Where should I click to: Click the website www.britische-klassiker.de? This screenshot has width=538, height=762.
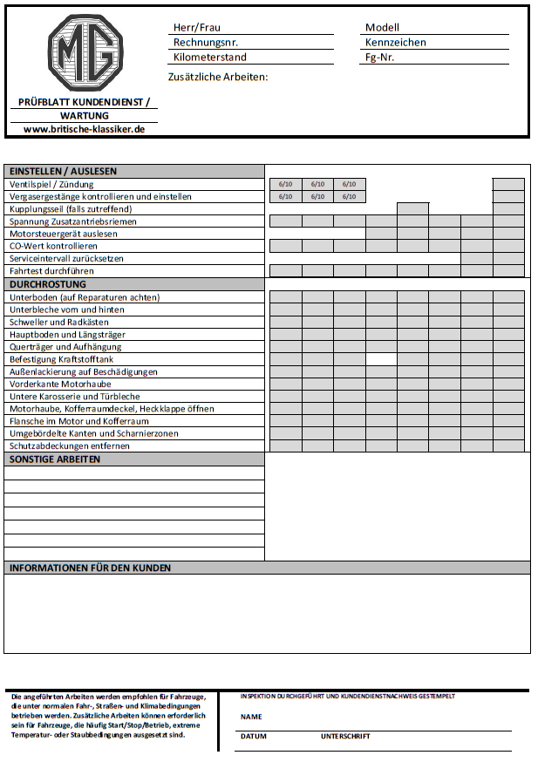click(x=84, y=128)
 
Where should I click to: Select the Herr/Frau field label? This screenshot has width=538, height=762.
click(x=196, y=28)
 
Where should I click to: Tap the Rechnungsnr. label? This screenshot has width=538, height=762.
click(x=206, y=42)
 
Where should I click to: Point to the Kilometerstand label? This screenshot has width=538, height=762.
click(x=209, y=58)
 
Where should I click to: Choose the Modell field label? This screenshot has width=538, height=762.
click(x=382, y=28)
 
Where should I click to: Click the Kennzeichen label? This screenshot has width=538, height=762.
click(x=395, y=42)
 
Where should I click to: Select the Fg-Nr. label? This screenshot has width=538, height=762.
click(x=380, y=58)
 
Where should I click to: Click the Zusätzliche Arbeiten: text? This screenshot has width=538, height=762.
click(x=217, y=77)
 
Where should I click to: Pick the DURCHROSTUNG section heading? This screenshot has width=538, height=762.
click(x=47, y=284)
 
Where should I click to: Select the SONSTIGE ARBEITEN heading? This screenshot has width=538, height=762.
click(x=54, y=459)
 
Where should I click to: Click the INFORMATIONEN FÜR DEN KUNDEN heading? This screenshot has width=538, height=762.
click(x=90, y=568)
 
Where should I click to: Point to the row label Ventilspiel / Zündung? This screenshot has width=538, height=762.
click(x=51, y=185)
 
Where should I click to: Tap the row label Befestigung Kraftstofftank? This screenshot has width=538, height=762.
click(x=61, y=359)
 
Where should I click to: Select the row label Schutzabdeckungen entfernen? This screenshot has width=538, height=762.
click(x=69, y=446)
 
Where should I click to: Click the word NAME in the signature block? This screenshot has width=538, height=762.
click(x=251, y=717)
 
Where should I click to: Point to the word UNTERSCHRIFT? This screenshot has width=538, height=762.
click(x=345, y=737)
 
